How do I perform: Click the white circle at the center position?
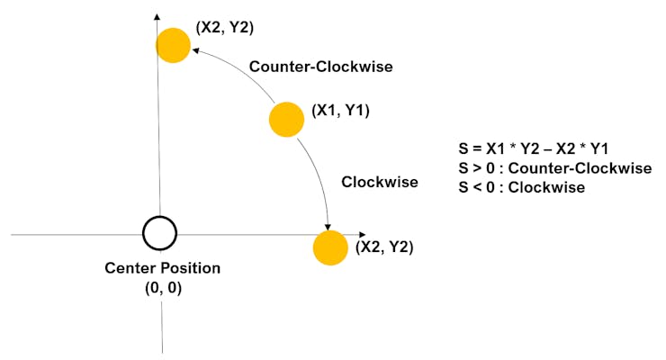159,233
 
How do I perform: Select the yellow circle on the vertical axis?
173,44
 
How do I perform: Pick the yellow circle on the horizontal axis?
329,247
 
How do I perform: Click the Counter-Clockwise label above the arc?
320,67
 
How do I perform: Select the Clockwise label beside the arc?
380,182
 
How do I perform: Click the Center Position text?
162,268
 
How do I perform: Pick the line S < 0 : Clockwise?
522,187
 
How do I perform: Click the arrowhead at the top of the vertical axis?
157,18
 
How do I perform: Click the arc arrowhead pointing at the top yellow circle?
195,51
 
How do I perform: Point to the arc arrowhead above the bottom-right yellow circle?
328,225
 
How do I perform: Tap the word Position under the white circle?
190,268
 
